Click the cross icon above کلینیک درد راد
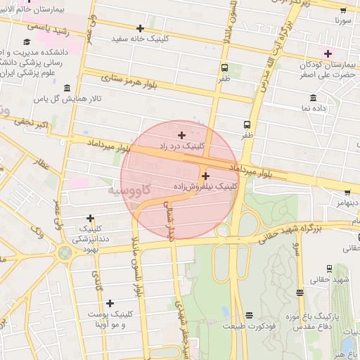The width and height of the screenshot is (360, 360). pos(181,135)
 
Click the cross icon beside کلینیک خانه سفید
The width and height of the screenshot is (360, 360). pos(140,29)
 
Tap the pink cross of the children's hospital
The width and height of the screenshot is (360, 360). pos(327,53)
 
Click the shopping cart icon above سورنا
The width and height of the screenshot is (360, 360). pos(343,11)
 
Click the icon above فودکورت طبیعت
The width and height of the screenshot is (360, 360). pos(249,315)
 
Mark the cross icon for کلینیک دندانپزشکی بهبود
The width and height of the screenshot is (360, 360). pos(89,219)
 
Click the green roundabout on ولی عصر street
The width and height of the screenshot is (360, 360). pos(65,251)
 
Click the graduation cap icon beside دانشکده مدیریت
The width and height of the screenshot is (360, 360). pos(26,43)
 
